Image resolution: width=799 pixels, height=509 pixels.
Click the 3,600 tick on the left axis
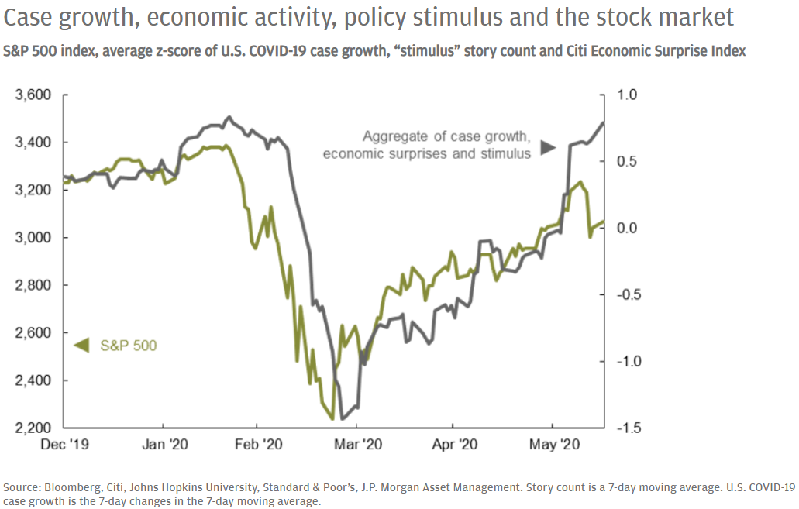coord(33,96)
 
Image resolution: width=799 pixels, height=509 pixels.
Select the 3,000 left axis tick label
coord(33,238)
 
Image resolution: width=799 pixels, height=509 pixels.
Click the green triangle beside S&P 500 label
coord(78,346)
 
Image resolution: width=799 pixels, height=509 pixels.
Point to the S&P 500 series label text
coord(128,346)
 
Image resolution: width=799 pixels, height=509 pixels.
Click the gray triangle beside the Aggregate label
coord(548,146)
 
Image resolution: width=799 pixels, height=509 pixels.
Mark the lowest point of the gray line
coord(343,419)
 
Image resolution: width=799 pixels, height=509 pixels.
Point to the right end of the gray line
coord(604,122)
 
